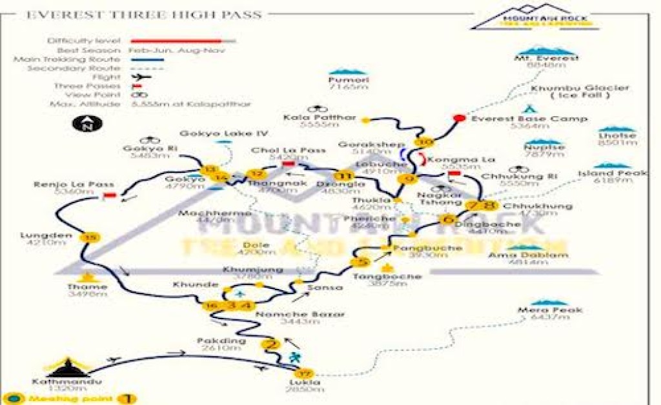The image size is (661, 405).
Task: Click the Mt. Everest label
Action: click(x=542, y=58)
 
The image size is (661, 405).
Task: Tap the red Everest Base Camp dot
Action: click(x=459, y=118)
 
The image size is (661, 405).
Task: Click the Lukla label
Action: click(x=305, y=382)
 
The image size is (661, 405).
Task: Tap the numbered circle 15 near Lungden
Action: click(x=90, y=238)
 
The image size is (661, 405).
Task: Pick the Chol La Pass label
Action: click(x=288, y=150)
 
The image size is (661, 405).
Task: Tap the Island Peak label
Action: click(x=604, y=173)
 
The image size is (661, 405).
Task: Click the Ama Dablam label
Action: click(x=529, y=255)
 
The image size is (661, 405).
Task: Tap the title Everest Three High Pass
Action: click(x=143, y=14)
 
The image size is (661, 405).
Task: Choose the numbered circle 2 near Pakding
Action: click(x=270, y=344)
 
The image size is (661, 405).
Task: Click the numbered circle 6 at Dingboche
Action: click(x=447, y=219)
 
